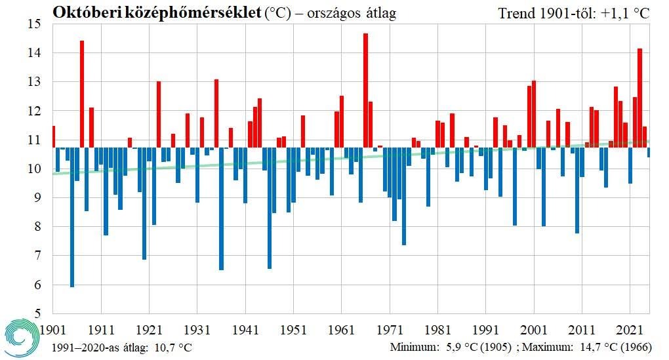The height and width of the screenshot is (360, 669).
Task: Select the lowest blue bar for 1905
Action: pyautogui.click(x=72, y=217)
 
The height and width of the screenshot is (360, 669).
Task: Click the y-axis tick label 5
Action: pyautogui.click(x=38, y=314)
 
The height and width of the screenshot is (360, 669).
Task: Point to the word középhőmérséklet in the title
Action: pyautogui.click(x=188, y=12)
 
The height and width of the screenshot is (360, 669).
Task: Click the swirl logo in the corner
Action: pyautogui.click(x=24, y=338)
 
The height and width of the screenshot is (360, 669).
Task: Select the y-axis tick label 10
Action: pyautogui.click(x=35, y=169)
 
